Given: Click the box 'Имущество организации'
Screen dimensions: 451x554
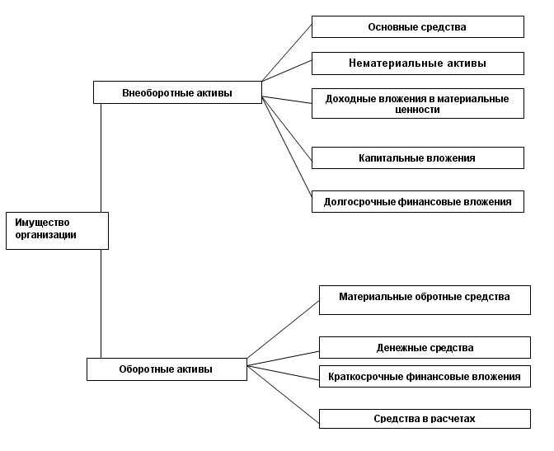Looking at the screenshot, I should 57,230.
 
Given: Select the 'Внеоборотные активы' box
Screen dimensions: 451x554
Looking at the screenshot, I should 177,92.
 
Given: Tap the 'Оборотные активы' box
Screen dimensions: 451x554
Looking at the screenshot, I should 166,369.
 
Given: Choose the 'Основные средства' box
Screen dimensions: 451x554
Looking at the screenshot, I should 417,27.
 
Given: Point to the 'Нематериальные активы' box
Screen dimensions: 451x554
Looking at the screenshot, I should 417,63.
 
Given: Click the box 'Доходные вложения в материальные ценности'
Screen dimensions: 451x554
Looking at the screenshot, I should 417,103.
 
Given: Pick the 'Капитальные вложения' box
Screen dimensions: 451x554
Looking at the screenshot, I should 417,157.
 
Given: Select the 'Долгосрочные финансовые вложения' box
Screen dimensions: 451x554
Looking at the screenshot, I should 417,201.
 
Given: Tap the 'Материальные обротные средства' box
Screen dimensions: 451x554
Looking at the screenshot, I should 425,299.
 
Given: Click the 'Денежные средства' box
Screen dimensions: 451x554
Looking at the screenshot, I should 425,347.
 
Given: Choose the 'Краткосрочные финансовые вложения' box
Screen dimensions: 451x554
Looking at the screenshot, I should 425,377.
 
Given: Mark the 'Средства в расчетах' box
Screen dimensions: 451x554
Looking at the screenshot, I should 425,419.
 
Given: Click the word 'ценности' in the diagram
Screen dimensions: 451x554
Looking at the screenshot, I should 417,110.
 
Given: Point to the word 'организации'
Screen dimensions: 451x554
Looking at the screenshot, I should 45,235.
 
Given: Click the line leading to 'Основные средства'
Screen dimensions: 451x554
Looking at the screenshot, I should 287,51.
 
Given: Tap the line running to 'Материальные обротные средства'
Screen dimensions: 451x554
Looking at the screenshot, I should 284,330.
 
